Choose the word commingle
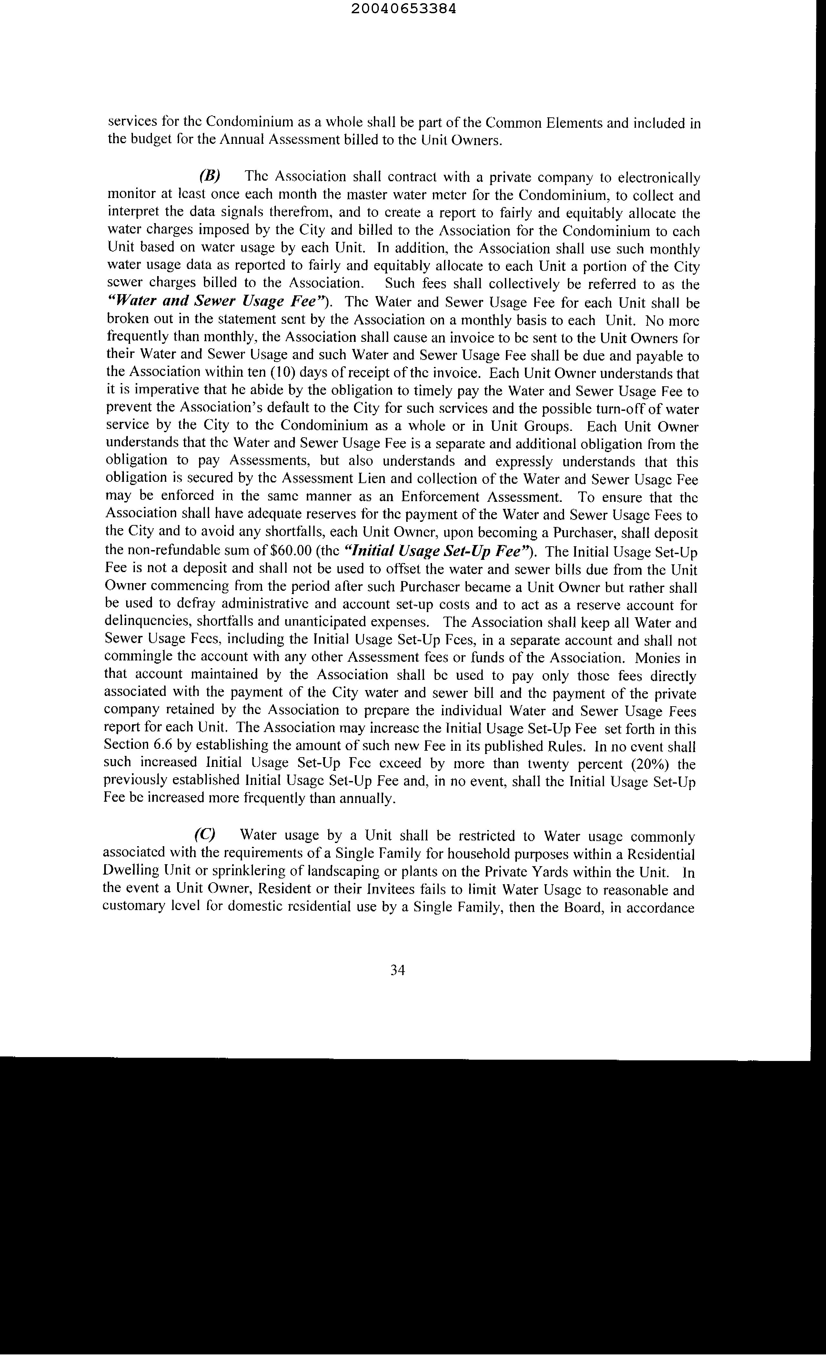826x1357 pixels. (x=137, y=658)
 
